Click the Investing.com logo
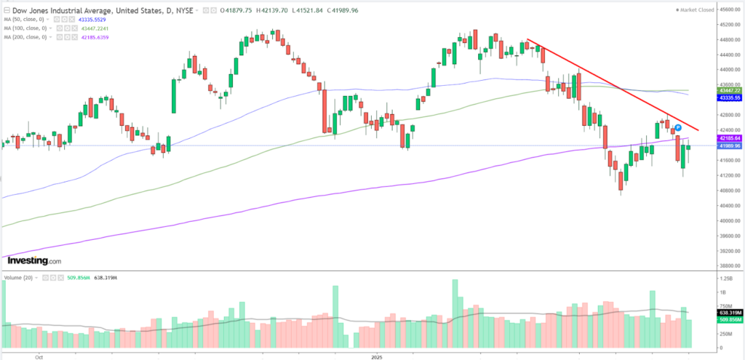(33, 260)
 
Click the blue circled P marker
(677, 127)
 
